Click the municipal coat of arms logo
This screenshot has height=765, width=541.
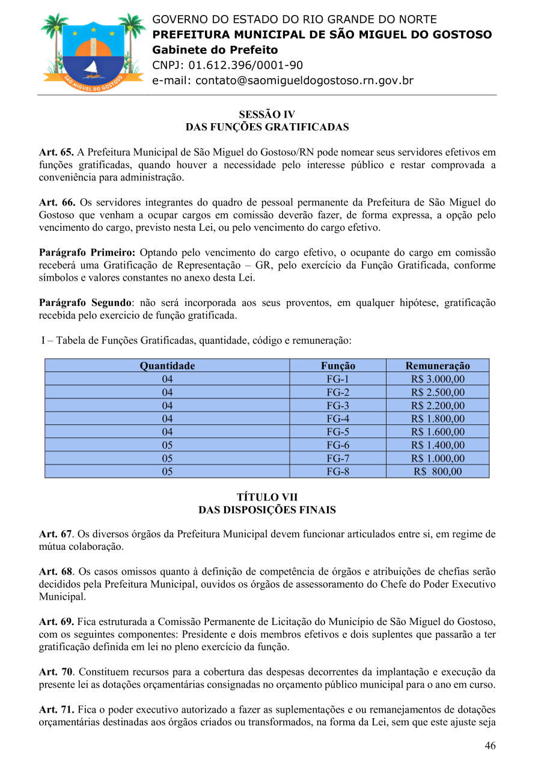click(x=93, y=52)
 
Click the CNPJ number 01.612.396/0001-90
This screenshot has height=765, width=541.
click(x=245, y=66)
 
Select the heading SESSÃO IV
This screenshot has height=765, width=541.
click(x=267, y=114)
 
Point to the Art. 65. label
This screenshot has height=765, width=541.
click(x=57, y=153)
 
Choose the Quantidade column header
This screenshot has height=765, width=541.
click(x=167, y=365)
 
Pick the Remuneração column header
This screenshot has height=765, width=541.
click(x=438, y=365)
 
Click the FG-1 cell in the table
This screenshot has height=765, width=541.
click(x=338, y=379)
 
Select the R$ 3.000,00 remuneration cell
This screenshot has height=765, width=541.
click(x=438, y=379)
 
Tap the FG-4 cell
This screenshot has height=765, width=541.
click(x=338, y=418)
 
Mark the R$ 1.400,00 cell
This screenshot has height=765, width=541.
click(x=438, y=445)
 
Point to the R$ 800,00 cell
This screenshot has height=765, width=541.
click(x=438, y=471)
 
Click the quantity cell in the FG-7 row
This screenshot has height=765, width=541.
click(x=167, y=458)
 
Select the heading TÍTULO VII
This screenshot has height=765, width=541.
click(x=267, y=497)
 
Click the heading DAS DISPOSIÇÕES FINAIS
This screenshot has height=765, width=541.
click(x=267, y=510)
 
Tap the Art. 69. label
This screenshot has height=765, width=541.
click(x=57, y=621)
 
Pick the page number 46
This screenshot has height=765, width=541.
click(x=490, y=746)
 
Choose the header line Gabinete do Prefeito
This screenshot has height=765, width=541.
click(x=215, y=50)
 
